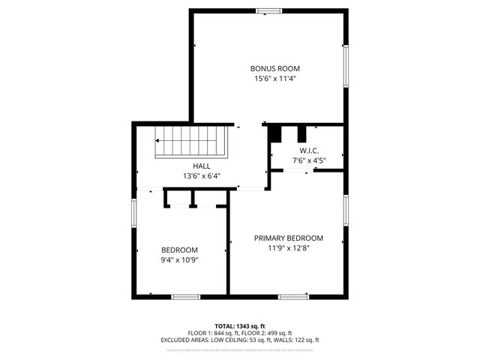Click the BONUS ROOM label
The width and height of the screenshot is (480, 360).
pos(269,68)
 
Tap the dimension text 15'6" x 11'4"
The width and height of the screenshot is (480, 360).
pos(269,78)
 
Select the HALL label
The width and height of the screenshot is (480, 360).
pos(201,166)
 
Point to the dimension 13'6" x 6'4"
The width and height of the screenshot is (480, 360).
pos(201,176)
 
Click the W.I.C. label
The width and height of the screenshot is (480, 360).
pos(308,150)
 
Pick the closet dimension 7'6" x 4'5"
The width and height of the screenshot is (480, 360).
pos(308,160)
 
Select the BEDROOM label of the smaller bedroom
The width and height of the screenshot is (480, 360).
pos(179,250)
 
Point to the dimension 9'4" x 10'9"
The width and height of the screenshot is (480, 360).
pos(179,260)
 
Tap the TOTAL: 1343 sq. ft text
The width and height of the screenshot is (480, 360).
pos(239,326)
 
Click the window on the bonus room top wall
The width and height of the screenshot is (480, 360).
pos(267,10)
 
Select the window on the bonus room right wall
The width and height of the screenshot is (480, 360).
pos(346,67)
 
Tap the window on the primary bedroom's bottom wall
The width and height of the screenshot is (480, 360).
pos(293,296)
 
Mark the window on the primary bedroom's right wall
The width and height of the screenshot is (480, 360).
pos(346,213)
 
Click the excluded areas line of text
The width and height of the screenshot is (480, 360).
pos(239,340)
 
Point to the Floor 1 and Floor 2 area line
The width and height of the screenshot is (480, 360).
pos(239,333)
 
